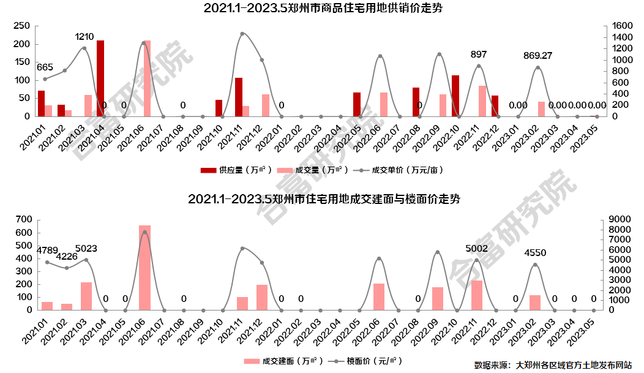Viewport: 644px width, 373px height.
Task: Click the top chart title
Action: tap(323, 9)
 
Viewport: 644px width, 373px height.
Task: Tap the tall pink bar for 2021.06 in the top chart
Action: tap(147, 78)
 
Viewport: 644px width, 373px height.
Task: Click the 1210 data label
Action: tap(84, 37)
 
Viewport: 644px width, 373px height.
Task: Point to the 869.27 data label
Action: tap(537, 56)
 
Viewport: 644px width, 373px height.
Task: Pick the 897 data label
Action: tap(479, 55)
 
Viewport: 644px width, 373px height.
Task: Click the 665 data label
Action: tap(45, 67)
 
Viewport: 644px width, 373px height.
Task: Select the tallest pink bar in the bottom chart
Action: tap(144, 268)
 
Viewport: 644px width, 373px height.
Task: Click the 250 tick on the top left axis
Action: tap(21, 26)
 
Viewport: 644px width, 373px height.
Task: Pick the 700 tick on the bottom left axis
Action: tap(21, 219)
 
